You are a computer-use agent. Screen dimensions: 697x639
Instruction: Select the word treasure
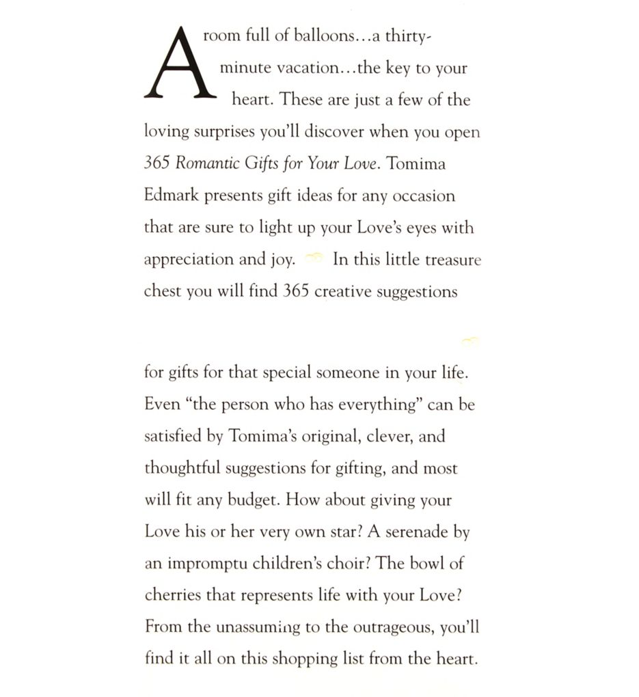point(452,260)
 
